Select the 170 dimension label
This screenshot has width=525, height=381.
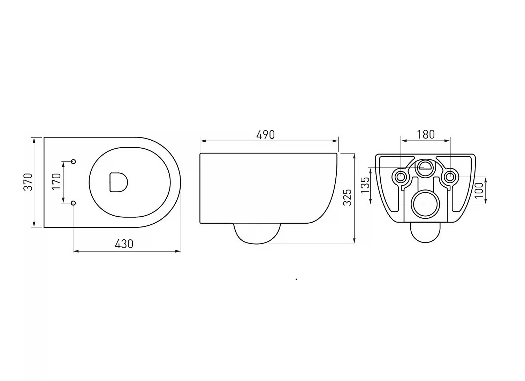coord(56,181)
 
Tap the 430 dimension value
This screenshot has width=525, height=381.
coord(124,244)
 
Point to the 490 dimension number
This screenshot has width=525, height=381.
coord(265,135)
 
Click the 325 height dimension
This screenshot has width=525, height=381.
coord(347,197)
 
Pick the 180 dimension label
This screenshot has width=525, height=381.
coord(426,134)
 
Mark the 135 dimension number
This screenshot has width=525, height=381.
coord(365,185)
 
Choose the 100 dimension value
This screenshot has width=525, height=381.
coord(479,190)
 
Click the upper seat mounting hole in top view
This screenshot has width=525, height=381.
coord(73,162)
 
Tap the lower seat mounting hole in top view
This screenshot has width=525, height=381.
coord(73,203)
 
